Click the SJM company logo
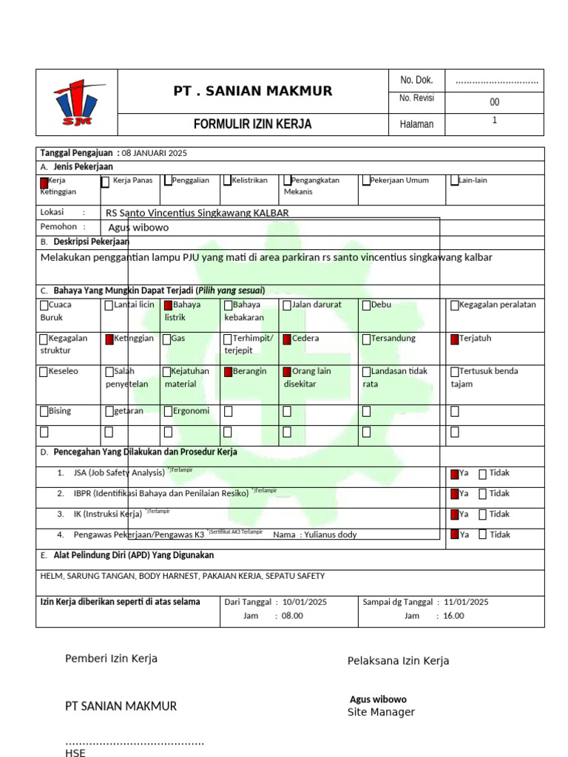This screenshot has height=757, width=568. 76,103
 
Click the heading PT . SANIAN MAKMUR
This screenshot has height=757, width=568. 253,91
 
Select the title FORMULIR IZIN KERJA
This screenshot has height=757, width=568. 253,124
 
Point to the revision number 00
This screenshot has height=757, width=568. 494,103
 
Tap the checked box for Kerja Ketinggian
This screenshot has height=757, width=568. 44,181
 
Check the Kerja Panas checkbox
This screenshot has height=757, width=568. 106,181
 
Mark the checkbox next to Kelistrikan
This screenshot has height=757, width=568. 228,180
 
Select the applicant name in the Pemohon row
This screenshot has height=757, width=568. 138,228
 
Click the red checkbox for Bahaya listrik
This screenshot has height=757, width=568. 169,305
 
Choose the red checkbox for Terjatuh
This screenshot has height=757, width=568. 455,339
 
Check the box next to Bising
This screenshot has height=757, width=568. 44,412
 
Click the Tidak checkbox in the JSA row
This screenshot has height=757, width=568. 482,474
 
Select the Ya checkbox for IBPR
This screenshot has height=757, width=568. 454,494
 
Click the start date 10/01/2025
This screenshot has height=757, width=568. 305,602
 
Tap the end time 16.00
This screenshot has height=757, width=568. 454,616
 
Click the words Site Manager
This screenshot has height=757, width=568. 381,713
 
